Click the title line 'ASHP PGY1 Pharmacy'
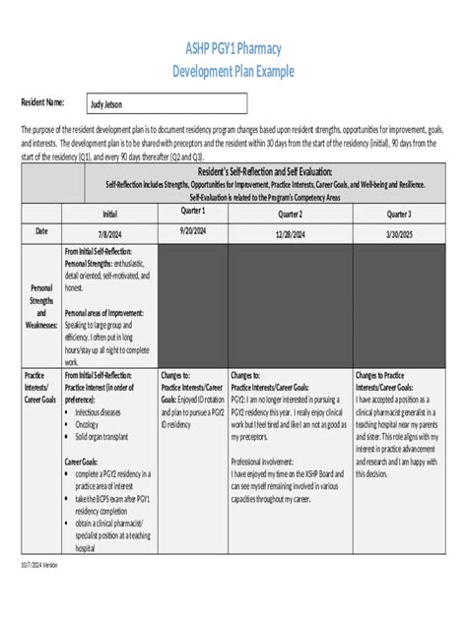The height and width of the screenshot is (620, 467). (x=233, y=47)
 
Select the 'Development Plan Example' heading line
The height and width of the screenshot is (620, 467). (x=233, y=70)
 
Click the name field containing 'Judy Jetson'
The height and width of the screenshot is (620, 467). (x=108, y=103)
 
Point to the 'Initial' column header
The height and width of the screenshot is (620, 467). (x=109, y=214)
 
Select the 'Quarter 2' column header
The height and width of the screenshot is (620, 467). (x=290, y=214)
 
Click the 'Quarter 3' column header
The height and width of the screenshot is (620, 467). (x=399, y=214)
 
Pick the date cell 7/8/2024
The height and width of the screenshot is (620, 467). (x=109, y=233)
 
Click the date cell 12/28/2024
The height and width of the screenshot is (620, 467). (x=290, y=233)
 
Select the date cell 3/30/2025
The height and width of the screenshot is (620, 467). (x=399, y=233)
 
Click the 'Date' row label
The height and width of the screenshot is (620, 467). (x=41, y=232)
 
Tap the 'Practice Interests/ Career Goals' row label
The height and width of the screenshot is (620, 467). (x=41, y=385)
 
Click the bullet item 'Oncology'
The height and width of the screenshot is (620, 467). (x=93, y=423)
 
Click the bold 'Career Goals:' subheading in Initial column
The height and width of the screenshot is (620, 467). (x=89, y=461)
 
